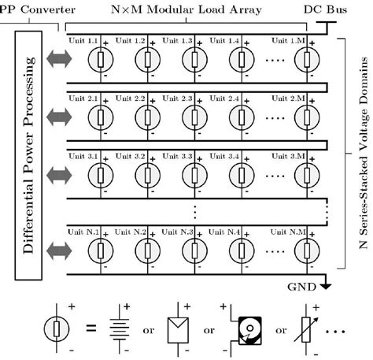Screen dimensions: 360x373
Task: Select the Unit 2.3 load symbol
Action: [193, 117]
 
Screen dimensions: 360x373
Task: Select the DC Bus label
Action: [324, 9]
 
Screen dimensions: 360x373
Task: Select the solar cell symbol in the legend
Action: [179, 324]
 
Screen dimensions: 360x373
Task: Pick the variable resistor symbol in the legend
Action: [307, 324]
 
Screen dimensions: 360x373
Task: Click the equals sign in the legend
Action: [90, 324]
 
